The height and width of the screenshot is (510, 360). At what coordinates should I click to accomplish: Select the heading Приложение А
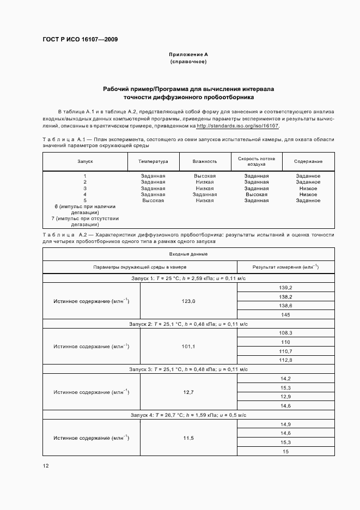pyautogui.click(x=188, y=54)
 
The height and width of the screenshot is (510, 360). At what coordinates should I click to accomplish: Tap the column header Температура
pyautogui.click(x=153, y=161)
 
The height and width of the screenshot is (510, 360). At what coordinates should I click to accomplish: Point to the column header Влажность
pyautogui.click(x=205, y=161)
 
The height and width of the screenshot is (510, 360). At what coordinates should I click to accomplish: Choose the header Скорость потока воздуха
pyautogui.click(x=257, y=161)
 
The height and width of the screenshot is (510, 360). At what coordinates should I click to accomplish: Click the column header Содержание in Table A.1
pyautogui.click(x=308, y=161)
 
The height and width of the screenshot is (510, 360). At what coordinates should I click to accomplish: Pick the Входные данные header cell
pyautogui.click(x=188, y=254)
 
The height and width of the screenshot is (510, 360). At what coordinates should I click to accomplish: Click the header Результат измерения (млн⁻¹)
pyautogui.click(x=285, y=267)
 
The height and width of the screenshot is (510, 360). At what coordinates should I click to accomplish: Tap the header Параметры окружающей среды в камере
pyautogui.click(x=140, y=267)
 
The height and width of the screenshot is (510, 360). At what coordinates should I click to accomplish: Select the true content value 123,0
pyautogui.click(x=188, y=301)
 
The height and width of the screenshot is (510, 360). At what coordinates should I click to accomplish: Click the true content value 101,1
pyautogui.click(x=188, y=346)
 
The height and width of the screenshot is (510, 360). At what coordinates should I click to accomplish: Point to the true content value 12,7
pyautogui.click(x=188, y=392)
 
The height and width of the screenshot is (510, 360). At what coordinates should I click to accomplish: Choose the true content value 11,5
pyautogui.click(x=188, y=438)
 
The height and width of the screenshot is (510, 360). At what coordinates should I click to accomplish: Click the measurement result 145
pyautogui.click(x=285, y=315)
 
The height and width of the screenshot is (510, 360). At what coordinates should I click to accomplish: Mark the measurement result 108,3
pyautogui.click(x=285, y=332)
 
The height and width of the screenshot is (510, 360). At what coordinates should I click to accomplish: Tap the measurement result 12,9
pyautogui.click(x=285, y=396)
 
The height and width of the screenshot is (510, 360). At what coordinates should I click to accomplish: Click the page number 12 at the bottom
pyautogui.click(x=46, y=466)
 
